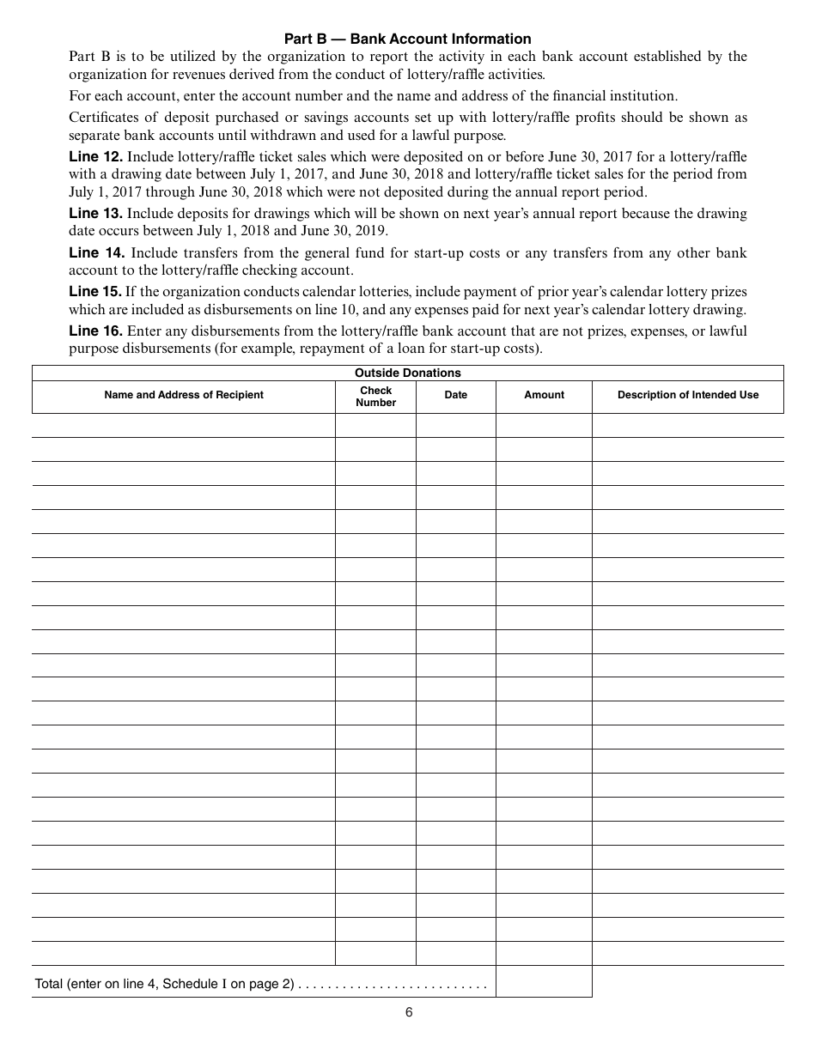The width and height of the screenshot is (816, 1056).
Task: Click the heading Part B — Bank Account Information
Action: [407, 39]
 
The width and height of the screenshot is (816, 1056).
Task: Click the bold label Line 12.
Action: [96, 156]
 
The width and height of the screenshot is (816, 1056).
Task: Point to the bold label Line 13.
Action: [96, 213]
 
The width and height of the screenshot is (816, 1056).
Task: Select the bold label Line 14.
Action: [96, 252]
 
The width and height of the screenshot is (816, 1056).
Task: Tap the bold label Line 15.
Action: [95, 291]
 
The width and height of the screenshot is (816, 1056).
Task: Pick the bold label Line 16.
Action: [96, 331]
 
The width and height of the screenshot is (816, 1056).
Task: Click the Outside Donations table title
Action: [407, 373]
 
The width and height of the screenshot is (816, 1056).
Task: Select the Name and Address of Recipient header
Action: [184, 395]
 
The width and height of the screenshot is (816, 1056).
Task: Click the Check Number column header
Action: [375, 396]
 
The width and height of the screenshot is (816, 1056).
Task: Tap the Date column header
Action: [455, 395]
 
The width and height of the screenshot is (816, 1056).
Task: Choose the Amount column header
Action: [544, 395]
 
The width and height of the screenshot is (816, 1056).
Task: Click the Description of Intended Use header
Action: [687, 395]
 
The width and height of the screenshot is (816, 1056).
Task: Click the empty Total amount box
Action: [544, 981]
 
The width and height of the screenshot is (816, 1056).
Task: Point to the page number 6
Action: [409, 1012]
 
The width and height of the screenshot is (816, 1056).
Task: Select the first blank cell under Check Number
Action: [375, 426]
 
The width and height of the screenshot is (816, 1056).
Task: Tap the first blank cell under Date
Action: [455, 426]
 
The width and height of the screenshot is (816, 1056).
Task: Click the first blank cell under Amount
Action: [544, 426]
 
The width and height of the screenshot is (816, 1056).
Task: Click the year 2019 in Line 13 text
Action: [371, 231]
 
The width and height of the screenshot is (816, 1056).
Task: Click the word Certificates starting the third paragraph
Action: [103, 117]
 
